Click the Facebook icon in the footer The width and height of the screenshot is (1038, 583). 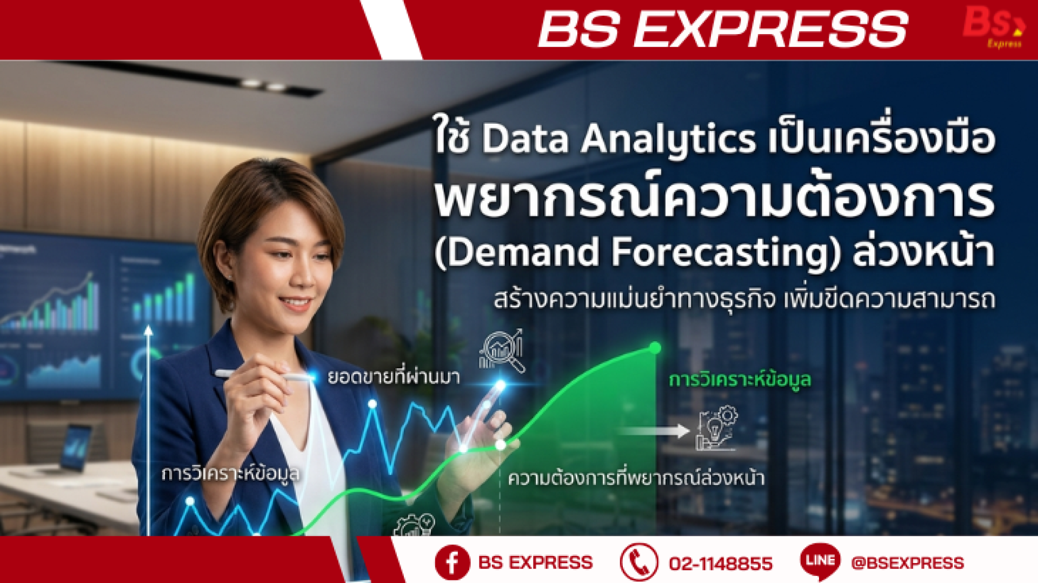[452, 562]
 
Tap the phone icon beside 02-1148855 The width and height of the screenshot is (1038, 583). [639, 562]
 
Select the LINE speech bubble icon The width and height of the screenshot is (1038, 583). [820, 561]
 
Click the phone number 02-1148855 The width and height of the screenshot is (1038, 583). [721, 564]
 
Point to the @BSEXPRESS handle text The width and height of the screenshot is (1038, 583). [908, 563]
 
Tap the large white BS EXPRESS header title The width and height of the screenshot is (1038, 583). [723, 29]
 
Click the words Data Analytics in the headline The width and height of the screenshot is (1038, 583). [618, 139]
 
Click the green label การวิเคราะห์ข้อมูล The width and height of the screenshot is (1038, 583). [740, 380]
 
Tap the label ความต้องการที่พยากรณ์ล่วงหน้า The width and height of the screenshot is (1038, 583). [636, 478]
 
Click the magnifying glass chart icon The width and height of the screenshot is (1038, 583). [502, 350]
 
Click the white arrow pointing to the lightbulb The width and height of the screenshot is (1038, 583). [654, 431]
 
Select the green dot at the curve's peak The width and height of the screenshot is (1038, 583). [655, 348]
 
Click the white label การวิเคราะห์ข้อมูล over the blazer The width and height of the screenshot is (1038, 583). [230, 474]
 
